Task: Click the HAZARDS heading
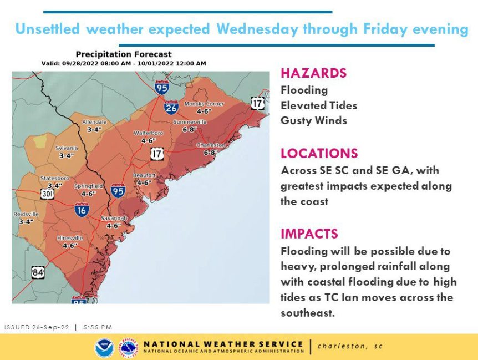(313, 73)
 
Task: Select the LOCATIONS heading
(319, 154)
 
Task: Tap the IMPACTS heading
(309, 234)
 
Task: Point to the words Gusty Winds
(313, 120)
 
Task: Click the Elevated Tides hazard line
(318, 105)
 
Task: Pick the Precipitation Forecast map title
(124, 54)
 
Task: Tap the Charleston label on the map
(211, 145)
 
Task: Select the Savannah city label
(114, 219)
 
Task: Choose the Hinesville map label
(70, 238)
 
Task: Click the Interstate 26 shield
(171, 107)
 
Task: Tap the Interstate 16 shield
(82, 209)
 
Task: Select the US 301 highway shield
(46, 194)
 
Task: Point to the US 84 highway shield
(38, 272)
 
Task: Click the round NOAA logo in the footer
(104, 348)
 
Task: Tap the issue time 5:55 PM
(98, 327)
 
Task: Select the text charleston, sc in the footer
(350, 346)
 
